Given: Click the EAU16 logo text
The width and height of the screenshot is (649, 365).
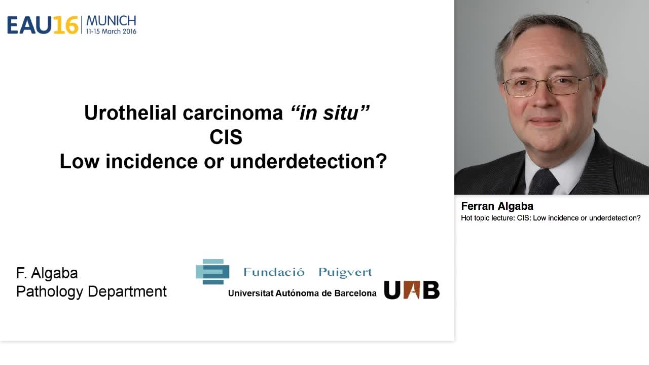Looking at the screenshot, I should coord(43,25).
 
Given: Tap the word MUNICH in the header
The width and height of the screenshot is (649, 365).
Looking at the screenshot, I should coord(111,21).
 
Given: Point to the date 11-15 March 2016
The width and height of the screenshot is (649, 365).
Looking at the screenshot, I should coord(111,31).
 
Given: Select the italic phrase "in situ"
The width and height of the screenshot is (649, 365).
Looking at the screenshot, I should coord(330,113).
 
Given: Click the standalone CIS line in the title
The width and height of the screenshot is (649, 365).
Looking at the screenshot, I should coord(226,137).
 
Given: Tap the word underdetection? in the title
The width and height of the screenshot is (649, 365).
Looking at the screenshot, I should coord(308,161).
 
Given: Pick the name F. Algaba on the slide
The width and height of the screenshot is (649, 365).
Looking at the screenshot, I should coord(47,273).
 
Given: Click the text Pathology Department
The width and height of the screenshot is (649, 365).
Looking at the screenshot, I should coord(91,291).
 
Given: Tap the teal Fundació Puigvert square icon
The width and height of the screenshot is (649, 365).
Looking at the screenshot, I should coord(212,272).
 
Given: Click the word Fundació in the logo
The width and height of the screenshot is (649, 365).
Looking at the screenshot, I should coord(274,272).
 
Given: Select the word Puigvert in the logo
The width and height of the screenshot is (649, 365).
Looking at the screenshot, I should coord(345,272).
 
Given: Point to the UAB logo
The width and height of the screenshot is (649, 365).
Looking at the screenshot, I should coord(411,290).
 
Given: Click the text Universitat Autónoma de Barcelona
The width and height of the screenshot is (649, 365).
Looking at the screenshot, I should coord(302,293).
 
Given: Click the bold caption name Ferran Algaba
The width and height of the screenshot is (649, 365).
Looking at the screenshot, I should coord(497,206).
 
